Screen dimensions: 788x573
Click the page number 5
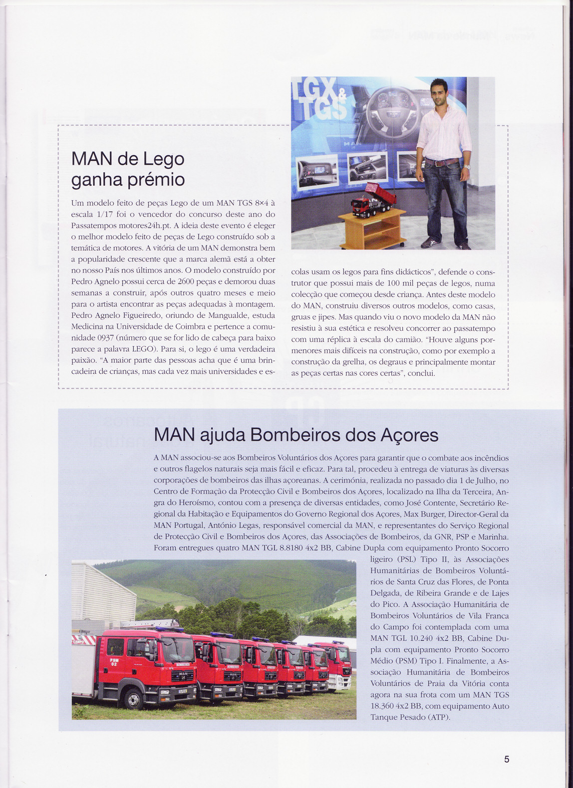(x=507, y=759)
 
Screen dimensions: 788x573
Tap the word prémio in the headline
(x=156, y=179)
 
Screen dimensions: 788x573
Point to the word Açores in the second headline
(x=409, y=435)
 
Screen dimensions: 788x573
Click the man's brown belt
(x=442, y=162)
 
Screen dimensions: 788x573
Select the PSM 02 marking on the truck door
(x=114, y=662)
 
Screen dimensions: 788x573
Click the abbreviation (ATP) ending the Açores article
(x=438, y=717)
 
